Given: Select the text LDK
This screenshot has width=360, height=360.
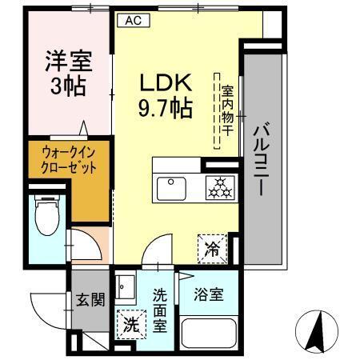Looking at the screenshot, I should pyautogui.click(x=166, y=82).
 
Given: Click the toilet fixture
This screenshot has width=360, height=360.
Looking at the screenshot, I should pyautogui.click(x=46, y=216).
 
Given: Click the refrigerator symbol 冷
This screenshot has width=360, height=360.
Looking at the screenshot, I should pyautogui.click(x=211, y=247).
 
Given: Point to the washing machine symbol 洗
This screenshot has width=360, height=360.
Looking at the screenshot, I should pyautogui.click(x=130, y=326).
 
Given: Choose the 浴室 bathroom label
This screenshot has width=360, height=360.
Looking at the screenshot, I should pyautogui.click(x=210, y=294).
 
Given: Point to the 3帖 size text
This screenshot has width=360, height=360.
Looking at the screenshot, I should pyautogui.click(x=68, y=85).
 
